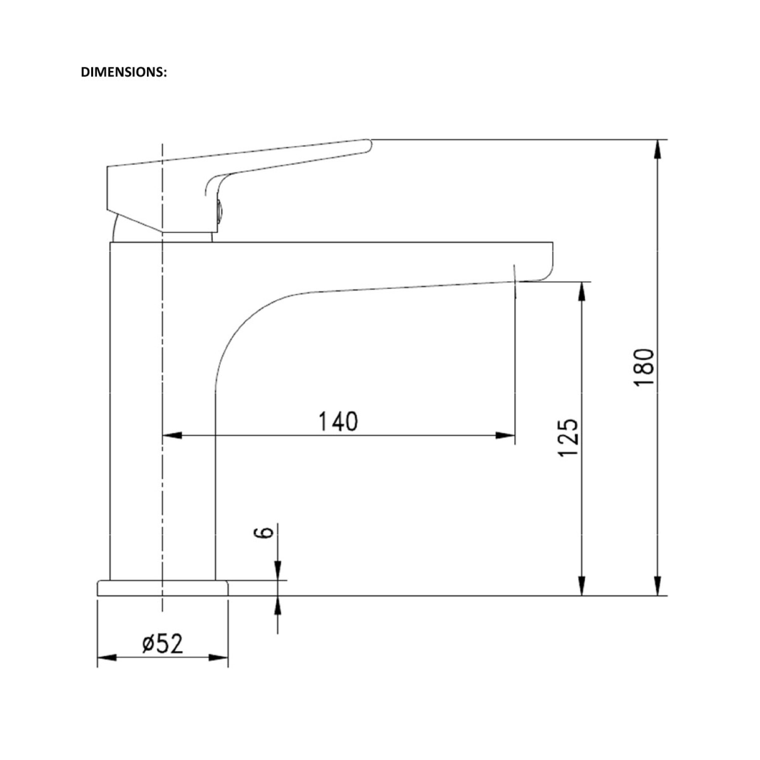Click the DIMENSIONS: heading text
point(124,72)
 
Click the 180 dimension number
point(644,367)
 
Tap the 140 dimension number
point(338,422)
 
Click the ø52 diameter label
point(162,643)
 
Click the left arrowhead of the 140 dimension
point(172,435)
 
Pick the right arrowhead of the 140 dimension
point(505,435)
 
